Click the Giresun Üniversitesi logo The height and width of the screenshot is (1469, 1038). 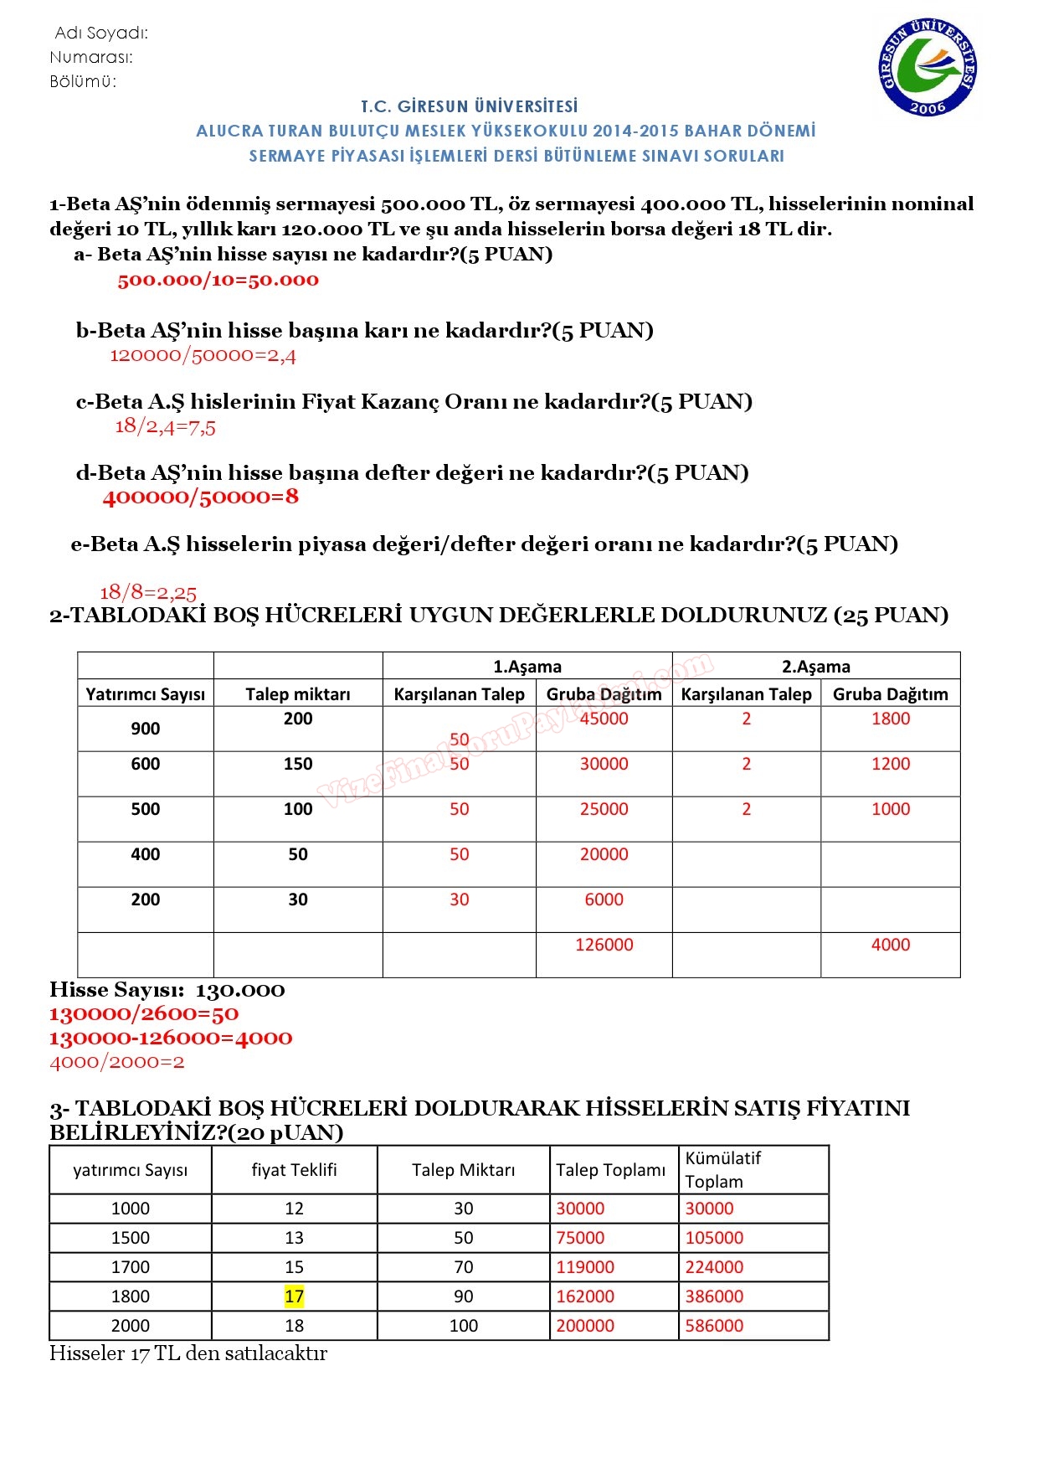coord(928,66)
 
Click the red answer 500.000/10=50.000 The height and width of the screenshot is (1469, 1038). coord(218,281)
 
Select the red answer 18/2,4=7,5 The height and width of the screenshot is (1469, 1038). coord(165,426)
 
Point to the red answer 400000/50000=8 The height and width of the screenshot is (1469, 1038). coord(200,497)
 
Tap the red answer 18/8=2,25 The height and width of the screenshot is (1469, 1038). coord(148,593)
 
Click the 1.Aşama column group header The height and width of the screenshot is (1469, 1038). coord(527,667)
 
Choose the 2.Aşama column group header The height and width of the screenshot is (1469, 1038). coord(815,667)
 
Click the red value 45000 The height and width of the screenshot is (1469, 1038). coord(604,719)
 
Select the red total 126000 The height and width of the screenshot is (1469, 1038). coord(604,945)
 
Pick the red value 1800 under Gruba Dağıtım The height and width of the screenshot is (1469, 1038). coord(890,719)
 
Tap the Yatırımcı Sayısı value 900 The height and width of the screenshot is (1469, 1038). coord(145,729)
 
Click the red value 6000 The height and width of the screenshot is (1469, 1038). coord(604,899)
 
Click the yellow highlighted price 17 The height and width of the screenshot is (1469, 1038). coord(294,1296)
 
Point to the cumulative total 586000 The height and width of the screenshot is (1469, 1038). coord(714,1326)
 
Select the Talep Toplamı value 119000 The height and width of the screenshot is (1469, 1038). coord(585,1267)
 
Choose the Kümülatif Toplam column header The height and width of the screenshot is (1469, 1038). coord(723,1170)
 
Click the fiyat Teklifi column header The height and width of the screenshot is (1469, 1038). coord(294,1170)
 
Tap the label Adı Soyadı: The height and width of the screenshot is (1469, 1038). coord(101,34)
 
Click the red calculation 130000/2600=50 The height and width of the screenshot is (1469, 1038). coord(144,1014)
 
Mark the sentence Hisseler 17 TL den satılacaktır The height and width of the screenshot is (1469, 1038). coord(188,1353)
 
